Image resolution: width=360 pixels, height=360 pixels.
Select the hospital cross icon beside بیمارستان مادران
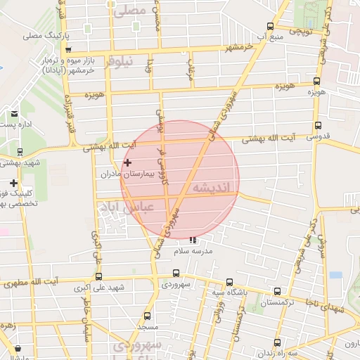pos(127,163)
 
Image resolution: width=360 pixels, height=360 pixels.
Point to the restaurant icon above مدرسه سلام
pos(193,240)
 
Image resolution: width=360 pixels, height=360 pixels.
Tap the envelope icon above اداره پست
pos(14,113)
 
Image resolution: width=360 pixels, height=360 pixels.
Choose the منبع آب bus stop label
pos(269,36)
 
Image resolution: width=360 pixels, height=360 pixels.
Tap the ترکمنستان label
pos(279,303)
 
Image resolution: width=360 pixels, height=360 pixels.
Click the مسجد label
pos(148,327)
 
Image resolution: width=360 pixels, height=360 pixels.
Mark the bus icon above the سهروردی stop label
pos(176,275)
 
